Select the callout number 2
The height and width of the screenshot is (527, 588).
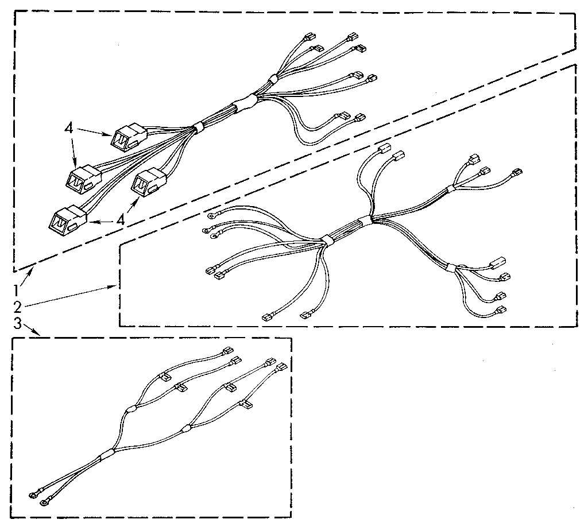(17, 306)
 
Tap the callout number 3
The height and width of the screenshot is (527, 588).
(17, 324)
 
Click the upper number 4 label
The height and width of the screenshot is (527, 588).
(68, 129)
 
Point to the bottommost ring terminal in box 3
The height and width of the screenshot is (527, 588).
(44, 503)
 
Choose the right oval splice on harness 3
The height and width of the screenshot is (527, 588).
(185, 428)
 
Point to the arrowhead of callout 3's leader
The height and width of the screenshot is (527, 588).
(39, 335)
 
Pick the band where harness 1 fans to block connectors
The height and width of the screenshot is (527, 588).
(197, 126)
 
